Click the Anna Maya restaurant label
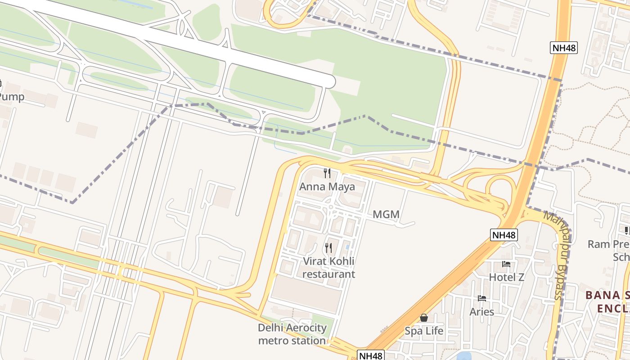coord(327,186)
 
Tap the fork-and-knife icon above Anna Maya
coord(328,173)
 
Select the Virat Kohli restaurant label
coord(328,267)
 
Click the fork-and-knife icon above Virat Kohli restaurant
coord(328,247)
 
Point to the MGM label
coord(386,215)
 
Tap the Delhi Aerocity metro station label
coord(292,334)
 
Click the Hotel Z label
coord(507,277)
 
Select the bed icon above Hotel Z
coord(506,264)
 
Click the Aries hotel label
coord(482,311)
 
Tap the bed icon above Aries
coord(482,298)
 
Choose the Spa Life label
coord(424,331)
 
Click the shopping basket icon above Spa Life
coord(423,318)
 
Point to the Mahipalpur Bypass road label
coord(558,254)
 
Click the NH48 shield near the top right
coord(563,48)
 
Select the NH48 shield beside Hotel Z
coord(504,234)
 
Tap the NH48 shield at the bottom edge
coord(371,355)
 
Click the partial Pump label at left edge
coord(11,97)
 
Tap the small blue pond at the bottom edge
coord(463,356)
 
